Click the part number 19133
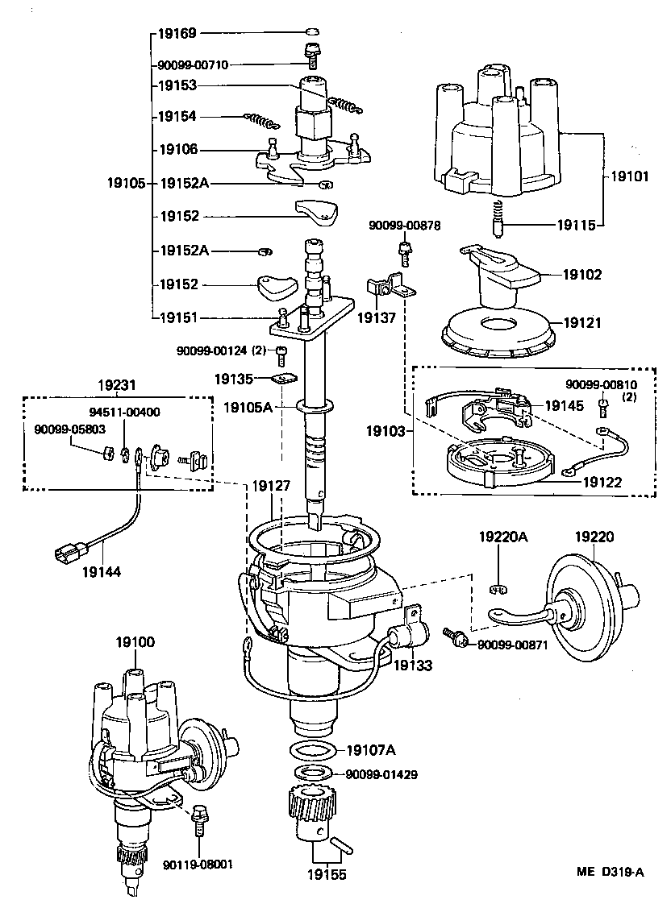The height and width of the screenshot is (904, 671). (412, 666)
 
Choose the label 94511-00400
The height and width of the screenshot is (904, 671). (124, 412)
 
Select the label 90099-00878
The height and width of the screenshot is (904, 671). (405, 225)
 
